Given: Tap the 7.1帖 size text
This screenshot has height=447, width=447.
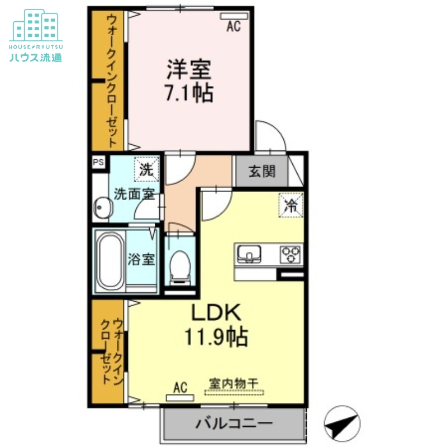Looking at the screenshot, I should coord(188,93).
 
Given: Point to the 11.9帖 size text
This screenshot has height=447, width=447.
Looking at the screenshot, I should coord(216,336).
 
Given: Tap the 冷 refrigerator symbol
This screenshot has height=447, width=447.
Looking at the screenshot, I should coord(291,205).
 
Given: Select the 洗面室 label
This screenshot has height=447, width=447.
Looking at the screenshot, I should coord(134,194).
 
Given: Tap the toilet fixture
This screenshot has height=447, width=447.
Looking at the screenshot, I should coord(180,264).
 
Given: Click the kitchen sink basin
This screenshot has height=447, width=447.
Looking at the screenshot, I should coord(249,254).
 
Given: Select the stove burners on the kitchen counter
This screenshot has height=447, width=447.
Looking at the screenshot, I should coord(291,254).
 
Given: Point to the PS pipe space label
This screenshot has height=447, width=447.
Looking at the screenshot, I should coord(99,163).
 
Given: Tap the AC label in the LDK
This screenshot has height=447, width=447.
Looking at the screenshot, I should coord(179,387).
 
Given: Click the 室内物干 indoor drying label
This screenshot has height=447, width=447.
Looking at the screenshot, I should coord(234,384).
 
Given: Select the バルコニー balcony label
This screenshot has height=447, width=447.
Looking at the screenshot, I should coord(234,423).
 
